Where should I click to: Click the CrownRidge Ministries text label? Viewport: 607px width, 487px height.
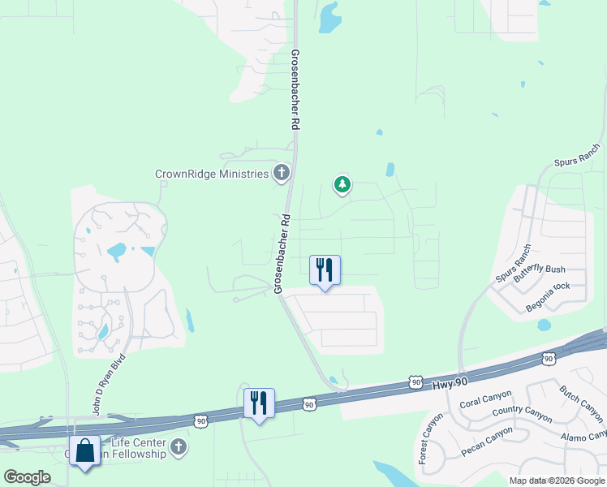click(212, 174)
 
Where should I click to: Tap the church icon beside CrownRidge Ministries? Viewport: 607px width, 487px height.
click(281, 172)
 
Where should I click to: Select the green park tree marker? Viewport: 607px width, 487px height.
click(342, 185)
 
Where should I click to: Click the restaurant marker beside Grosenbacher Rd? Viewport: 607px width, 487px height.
click(325, 269)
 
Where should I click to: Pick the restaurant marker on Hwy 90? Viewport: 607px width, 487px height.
click(259, 403)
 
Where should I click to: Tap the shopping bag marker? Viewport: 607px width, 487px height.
click(85, 450)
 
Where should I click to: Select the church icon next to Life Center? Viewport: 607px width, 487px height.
click(179, 446)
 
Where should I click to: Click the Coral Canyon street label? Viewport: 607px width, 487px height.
click(485, 399)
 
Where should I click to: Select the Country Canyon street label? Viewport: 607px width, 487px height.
click(522, 413)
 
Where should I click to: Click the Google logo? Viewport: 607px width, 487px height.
click(27, 477)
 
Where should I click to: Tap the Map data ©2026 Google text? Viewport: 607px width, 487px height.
click(557, 481)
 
